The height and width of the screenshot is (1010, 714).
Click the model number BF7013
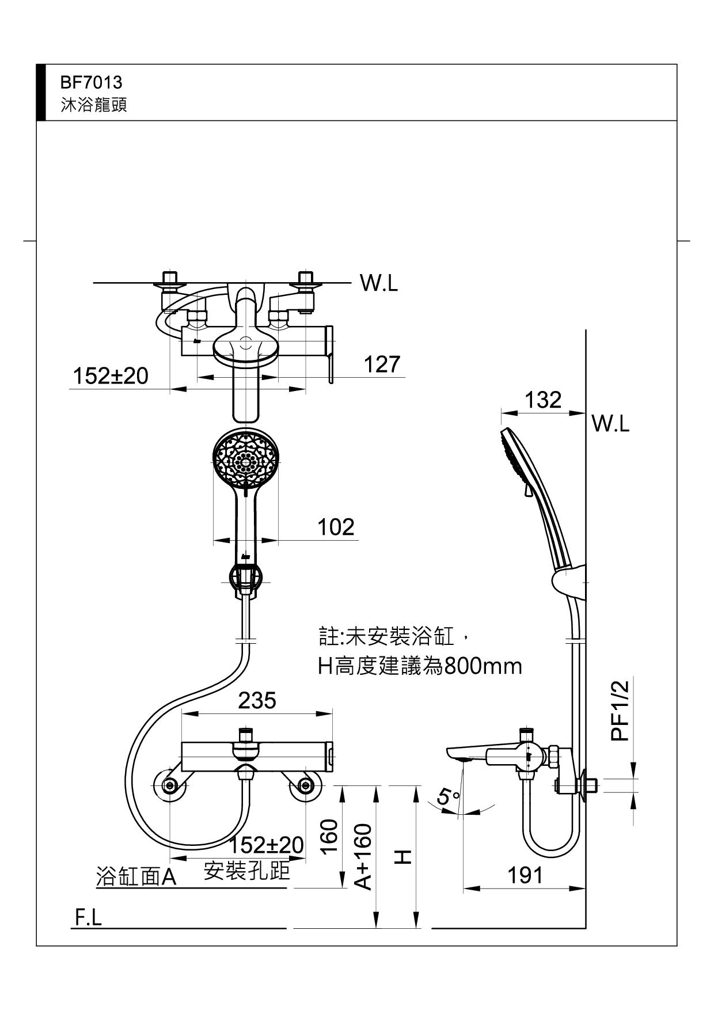(91, 82)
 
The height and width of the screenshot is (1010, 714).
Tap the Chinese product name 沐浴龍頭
(93, 105)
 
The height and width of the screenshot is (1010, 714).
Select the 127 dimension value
(381, 364)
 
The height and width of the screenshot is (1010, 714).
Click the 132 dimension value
(543, 399)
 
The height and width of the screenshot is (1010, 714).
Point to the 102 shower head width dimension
(336, 527)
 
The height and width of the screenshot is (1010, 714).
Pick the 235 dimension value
(257, 700)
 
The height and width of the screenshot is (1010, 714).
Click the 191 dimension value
(525, 875)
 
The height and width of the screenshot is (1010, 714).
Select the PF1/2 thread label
(620, 709)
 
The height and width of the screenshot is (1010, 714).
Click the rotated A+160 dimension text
(363, 856)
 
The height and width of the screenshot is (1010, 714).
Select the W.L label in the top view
(378, 283)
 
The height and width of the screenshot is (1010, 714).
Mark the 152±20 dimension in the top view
(111, 376)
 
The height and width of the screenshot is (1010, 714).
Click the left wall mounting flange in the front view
(170, 786)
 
